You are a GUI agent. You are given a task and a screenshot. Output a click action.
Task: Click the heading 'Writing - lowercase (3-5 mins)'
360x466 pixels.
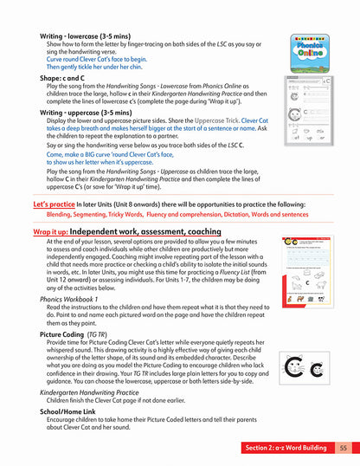click(83, 37)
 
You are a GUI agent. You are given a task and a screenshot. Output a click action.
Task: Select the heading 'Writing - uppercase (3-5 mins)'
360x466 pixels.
click(84, 112)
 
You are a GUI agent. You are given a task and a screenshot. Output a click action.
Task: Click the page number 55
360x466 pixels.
click(343, 448)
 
